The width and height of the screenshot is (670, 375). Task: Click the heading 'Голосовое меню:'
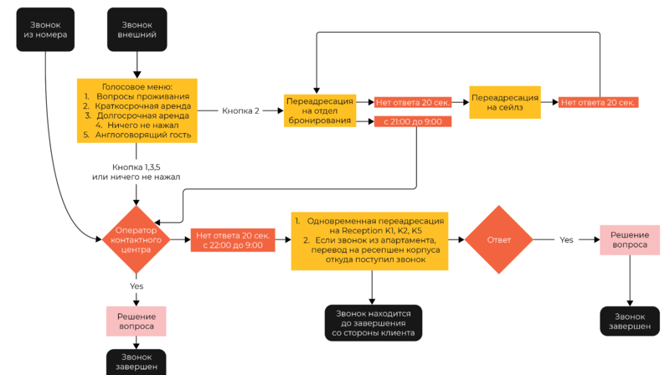pos(137,87)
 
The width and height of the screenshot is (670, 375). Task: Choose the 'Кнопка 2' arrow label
pos(240,110)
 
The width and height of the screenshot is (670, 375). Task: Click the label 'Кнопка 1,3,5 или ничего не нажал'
pos(136,172)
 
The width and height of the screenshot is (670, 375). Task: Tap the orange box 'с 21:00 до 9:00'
pos(413,121)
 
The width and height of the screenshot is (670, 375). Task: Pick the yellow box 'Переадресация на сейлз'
pos(505,103)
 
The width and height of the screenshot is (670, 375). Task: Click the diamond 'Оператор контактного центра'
pos(137,239)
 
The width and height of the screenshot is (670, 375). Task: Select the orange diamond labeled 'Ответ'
pos(498,239)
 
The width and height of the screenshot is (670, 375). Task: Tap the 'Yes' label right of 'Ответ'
pos(567,239)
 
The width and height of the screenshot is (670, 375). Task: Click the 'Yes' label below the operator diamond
pos(137,285)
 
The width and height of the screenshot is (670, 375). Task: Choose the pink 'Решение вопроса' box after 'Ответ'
pos(629,239)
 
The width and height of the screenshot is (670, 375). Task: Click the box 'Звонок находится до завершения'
pos(374,322)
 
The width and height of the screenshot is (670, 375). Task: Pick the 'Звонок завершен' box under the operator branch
pos(137,362)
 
